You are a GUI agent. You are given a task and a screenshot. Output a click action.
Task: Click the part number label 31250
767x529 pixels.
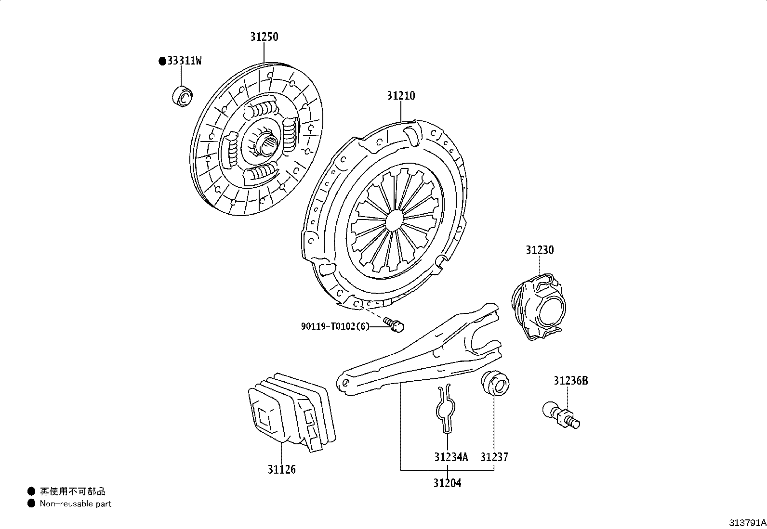(264, 37)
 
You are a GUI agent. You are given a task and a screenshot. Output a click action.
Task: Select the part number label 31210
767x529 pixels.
(400, 96)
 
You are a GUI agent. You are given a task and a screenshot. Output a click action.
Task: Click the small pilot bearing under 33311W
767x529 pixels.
(182, 96)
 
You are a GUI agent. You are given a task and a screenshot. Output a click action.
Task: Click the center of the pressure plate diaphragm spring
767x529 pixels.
(397, 220)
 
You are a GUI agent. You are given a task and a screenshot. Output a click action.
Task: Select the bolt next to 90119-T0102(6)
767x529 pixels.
(394, 324)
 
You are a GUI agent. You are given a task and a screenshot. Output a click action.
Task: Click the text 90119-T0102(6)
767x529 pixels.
(335, 326)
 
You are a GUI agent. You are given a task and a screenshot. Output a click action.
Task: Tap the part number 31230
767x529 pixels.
(540, 250)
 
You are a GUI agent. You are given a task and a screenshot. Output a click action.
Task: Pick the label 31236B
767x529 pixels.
(570, 381)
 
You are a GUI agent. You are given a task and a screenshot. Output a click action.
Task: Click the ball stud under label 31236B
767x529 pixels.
(561, 415)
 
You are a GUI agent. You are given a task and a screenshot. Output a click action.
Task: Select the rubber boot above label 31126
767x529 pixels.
(291, 412)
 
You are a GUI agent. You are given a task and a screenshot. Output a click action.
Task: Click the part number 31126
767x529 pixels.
(282, 469)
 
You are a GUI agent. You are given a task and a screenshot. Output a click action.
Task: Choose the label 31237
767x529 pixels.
(494, 457)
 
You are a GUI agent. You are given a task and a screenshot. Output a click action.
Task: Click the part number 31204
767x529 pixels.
(447, 483)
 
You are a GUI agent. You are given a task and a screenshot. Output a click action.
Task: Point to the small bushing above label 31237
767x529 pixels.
(494, 384)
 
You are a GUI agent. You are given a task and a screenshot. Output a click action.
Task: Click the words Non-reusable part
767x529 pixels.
(75, 504)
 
